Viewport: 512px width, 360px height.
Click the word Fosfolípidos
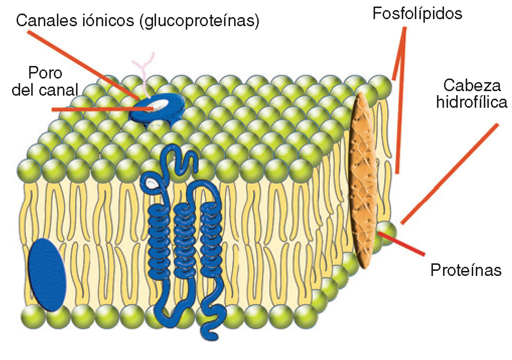point(417,14)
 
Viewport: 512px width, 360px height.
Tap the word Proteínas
point(466,270)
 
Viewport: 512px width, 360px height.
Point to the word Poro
point(45,73)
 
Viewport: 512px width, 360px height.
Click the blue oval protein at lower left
point(47,274)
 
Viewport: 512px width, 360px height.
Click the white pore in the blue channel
point(160,104)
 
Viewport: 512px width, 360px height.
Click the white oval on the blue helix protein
point(152,185)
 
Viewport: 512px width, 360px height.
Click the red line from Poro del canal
point(101,108)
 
